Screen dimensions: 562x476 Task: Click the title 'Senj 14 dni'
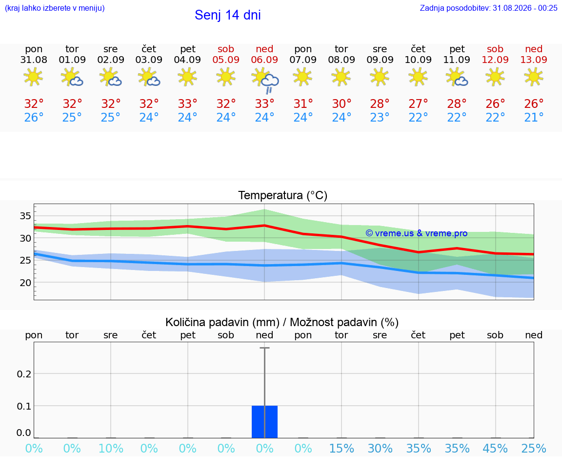click(228, 15)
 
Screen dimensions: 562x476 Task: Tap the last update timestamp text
click(488, 8)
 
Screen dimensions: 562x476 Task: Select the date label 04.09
click(187, 60)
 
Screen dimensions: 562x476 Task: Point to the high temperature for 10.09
click(418, 103)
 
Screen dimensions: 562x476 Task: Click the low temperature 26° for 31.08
click(34, 117)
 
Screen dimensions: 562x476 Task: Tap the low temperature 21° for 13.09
click(534, 117)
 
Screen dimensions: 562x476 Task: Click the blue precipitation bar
click(264, 421)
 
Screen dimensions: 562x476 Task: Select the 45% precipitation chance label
click(495, 448)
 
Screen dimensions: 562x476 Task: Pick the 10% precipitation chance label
click(111, 448)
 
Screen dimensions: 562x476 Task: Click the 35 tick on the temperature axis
click(25, 216)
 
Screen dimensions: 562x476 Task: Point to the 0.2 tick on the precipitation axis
click(24, 374)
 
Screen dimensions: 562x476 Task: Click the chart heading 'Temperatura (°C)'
click(283, 195)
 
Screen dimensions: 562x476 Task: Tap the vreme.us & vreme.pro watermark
click(417, 233)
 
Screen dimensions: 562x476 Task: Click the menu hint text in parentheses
click(55, 8)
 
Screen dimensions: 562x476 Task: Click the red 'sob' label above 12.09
click(495, 49)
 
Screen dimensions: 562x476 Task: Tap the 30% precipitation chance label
click(380, 448)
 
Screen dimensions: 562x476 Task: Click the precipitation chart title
click(281, 322)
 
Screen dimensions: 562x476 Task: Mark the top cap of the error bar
click(264, 348)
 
